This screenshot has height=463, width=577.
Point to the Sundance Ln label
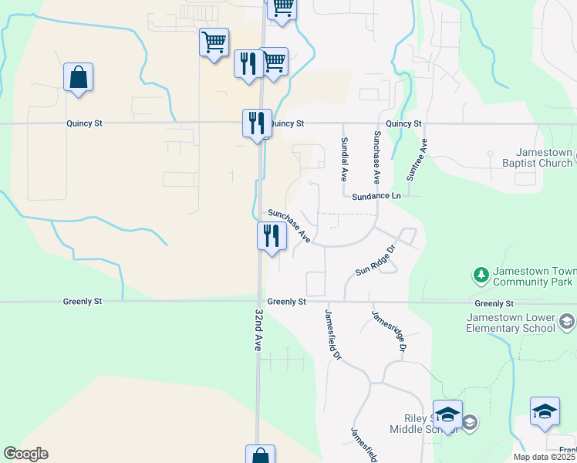coord(377,197)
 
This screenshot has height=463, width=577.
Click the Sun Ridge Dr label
coord(375,260)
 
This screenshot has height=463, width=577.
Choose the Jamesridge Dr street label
coord(388,330)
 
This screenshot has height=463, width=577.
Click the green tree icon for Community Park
coord(481,274)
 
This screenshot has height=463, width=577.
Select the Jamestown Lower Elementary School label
coord(510,323)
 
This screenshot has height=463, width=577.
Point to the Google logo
coord(25,454)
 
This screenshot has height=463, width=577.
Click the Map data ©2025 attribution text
coord(545,457)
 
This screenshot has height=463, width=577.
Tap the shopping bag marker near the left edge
coord(78,78)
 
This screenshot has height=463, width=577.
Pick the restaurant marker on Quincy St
coord(257,123)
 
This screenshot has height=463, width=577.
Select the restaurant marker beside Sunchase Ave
coord(272,235)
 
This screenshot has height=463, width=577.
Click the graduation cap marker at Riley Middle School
coord(447,414)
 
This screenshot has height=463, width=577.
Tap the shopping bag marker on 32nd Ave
coord(261,455)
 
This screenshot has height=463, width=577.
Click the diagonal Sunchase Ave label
coord(289,226)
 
